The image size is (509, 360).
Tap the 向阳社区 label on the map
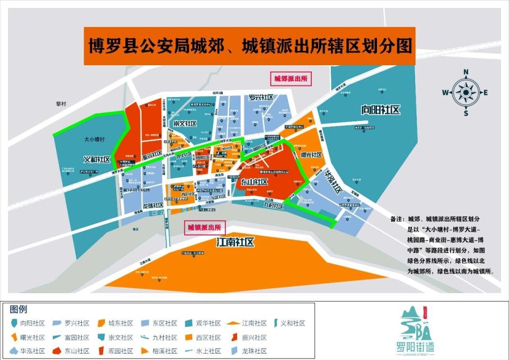pos(380,110)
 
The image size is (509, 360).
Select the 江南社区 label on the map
pos(236,242)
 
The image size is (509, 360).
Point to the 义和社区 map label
pos(97,159)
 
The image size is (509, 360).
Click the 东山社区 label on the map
pos(254,182)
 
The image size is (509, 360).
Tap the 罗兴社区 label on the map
pos(261,98)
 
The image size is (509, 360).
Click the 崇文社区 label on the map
pos(185,123)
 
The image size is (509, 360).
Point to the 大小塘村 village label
pos(95,139)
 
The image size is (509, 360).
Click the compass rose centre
pos(466,92)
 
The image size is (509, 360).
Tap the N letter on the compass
pos(466,72)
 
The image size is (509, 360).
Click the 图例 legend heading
pos(19,310)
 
